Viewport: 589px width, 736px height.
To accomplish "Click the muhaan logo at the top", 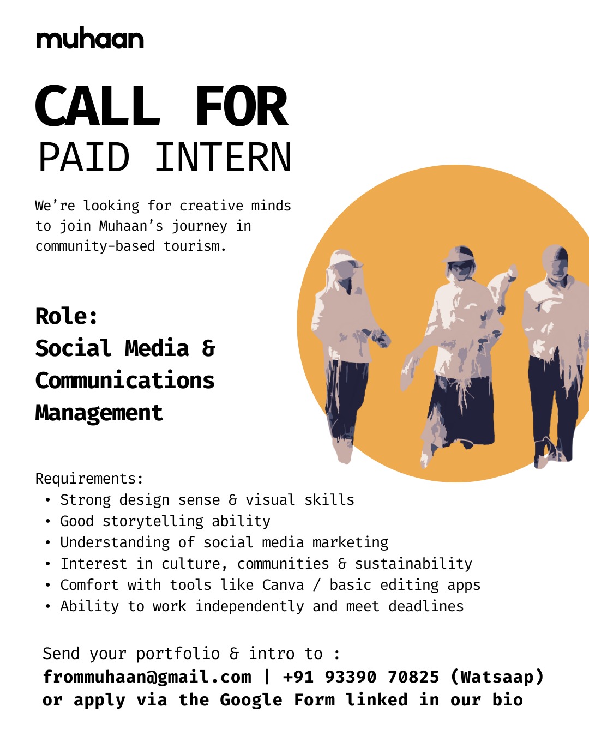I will [90, 39].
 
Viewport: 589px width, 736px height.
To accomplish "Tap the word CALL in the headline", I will [98, 106].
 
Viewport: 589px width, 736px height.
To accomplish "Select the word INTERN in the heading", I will [223, 158].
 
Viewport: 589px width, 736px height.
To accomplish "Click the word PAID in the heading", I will [84, 158].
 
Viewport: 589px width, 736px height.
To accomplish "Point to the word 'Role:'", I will [67, 316].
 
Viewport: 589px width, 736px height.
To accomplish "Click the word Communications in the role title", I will [125, 381].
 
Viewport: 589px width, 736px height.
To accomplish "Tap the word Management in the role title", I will [99, 413].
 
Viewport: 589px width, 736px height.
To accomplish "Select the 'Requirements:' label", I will [89, 479].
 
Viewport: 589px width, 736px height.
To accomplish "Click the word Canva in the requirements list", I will [283, 585].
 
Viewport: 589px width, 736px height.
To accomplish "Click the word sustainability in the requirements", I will [413, 564].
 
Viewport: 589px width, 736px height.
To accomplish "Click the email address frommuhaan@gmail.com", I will [147, 677].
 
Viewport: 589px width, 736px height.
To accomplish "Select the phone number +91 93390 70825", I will [360, 677].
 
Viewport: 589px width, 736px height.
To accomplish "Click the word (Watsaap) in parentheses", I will [497, 677].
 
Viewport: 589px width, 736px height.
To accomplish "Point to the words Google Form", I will [278, 700].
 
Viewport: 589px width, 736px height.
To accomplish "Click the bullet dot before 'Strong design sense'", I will [48, 500].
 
